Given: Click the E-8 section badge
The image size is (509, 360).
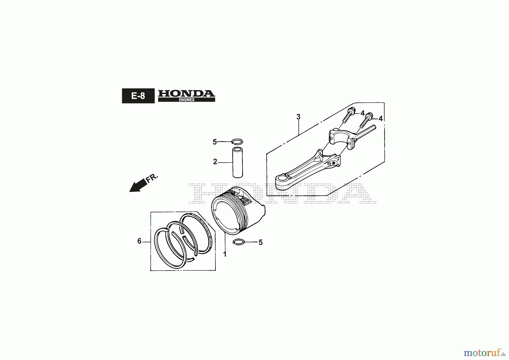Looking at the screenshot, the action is click(x=138, y=96).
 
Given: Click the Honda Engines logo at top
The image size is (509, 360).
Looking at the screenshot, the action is click(x=186, y=96).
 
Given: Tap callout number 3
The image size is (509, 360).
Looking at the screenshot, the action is click(x=298, y=117).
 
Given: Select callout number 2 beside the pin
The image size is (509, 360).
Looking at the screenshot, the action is click(x=215, y=162).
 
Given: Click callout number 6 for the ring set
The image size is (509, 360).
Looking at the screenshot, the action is click(x=139, y=241).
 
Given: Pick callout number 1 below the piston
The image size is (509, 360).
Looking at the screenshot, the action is click(x=225, y=254).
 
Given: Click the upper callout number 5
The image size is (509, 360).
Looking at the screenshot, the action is click(x=215, y=142).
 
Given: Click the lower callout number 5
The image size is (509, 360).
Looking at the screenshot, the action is click(x=261, y=243).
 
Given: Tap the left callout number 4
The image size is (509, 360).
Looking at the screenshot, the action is click(x=363, y=113).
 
